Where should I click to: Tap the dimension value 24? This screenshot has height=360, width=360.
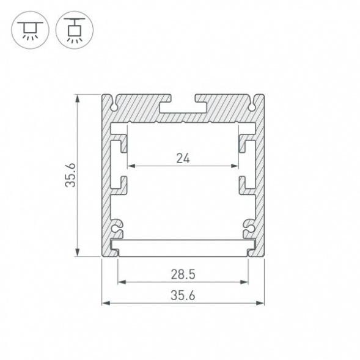pos(183,158)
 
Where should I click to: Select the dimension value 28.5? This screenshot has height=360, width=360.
pos(183,274)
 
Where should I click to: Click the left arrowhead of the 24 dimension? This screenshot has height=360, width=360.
pos(130,166)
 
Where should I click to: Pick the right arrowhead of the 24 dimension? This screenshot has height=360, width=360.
pos(235,166)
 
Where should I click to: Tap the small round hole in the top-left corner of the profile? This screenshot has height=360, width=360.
pos(114,106)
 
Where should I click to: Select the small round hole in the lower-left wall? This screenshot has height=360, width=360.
pos(116,227)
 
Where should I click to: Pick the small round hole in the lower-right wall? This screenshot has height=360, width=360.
pos(249,227)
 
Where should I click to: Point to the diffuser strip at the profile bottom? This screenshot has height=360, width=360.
pos(183,247)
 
